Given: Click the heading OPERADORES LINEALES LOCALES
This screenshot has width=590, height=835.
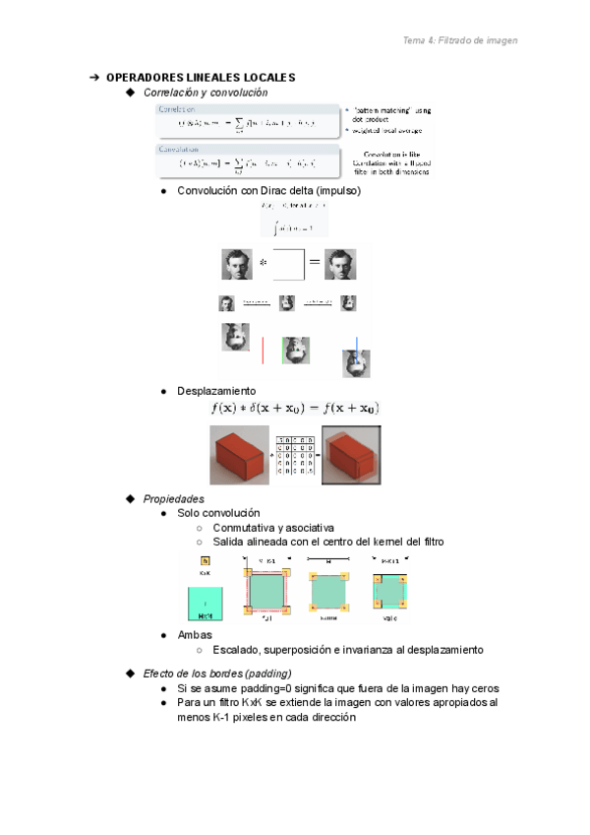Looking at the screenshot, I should [200, 77].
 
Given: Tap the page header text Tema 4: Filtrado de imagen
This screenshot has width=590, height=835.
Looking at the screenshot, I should [460, 40].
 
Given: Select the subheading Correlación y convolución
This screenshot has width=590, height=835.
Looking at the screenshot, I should [205, 92].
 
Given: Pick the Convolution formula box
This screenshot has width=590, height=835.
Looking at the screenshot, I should [246, 159].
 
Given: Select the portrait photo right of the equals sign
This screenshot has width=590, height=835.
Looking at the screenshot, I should [340, 264].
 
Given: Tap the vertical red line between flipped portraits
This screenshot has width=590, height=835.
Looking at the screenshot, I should [264, 351].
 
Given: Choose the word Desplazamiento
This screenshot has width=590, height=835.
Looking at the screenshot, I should [216, 391].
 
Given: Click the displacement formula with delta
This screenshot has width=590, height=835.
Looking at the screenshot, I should [295, 408].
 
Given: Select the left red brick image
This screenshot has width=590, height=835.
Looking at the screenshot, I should [239, 456].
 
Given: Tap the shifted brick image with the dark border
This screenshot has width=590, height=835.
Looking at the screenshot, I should [351, 456].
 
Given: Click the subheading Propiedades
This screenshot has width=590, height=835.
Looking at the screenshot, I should [173, 498].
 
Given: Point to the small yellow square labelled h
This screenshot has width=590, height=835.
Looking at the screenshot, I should [205, 559].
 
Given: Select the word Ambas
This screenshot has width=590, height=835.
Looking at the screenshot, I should [195, 635].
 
